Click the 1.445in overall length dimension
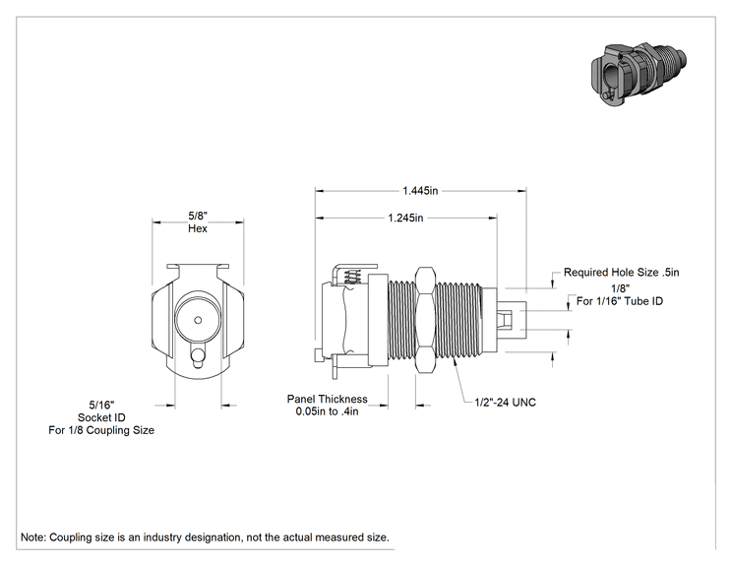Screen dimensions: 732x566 (420, 191)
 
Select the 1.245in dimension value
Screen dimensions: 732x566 (405, 218)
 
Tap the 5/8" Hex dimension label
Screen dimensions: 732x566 (198, 221)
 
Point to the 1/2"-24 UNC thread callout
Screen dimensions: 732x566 (505, 402)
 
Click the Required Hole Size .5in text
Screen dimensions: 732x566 (622, 273)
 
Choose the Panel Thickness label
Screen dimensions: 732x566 (328, 399)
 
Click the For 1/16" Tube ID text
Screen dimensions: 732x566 (620, 301)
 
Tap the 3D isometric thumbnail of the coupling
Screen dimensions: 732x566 (638, 74)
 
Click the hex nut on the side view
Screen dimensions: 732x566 (425, 320)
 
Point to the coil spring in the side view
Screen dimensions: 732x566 (352, 278)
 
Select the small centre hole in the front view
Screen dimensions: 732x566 (198, 320)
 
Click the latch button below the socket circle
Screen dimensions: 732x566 (198, 356)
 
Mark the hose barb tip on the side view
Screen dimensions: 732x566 (513, 320)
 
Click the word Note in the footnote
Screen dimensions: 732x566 (33, 537)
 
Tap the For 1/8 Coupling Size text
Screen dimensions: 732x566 (101, 430)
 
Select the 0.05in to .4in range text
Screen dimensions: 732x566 (327, 411)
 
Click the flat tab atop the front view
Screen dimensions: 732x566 (198, 266)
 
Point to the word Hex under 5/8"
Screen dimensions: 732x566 (198, 228)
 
